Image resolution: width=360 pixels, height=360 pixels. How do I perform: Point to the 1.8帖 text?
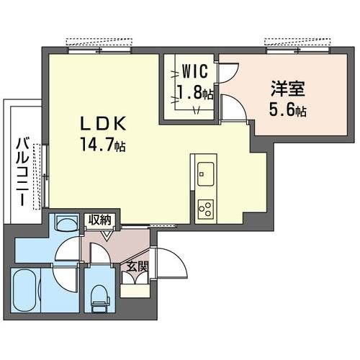(x=195, y=92)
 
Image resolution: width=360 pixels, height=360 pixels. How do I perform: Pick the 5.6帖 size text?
(x=288, y=111)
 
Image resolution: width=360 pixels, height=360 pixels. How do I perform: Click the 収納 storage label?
(x=100, y=220)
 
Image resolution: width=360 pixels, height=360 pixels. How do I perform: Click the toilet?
(x=98, y=294)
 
